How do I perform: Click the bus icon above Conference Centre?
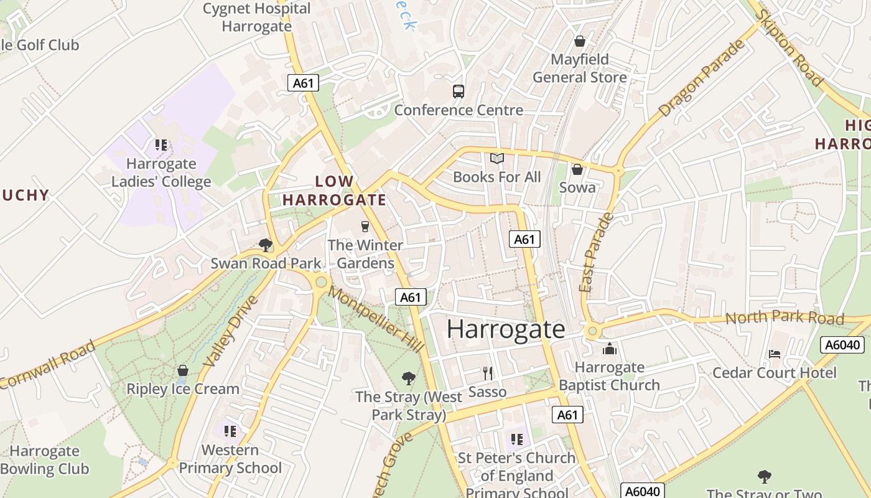tap(459, 92)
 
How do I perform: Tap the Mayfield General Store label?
tap(580, 68)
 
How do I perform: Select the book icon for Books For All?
tap(496, 159)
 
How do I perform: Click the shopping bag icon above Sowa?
tap(577, 169)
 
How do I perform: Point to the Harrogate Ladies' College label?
tap(161, 173)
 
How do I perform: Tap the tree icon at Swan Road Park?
tap(266, 245)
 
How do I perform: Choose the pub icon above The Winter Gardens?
tap(365, 227)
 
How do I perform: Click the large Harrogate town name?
tap(506, 329)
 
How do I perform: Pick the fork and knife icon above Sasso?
tap(488, 374)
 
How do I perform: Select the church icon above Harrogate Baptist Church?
tap(609, 349)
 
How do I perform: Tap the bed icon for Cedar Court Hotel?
tap(775, 354)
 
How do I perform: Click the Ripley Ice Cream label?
tap(183, 389)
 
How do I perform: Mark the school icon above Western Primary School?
tap(230, 431)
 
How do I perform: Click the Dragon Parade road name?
tap(702, 79)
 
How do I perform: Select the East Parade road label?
tap(595, 252)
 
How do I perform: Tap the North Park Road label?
tap(785, 319)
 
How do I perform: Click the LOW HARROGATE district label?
tap(335, 190)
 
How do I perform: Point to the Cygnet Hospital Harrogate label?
tap(257, 17)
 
